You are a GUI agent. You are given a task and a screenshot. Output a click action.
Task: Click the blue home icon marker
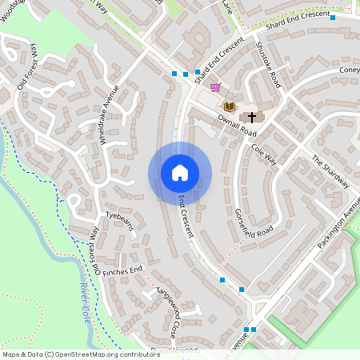tap(179, 173)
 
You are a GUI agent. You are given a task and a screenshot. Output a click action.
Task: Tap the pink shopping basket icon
tap(214, 87)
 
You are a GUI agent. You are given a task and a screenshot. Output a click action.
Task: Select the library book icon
tap(230, 106)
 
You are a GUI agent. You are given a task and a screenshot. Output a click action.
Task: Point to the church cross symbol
tap(251, 117)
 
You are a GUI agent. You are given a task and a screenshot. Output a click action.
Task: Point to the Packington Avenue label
tap(337, 224)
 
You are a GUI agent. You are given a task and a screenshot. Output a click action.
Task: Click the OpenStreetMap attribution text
tap(81, 354)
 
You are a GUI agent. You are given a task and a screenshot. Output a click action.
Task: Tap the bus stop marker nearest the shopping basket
tap(197, 72)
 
